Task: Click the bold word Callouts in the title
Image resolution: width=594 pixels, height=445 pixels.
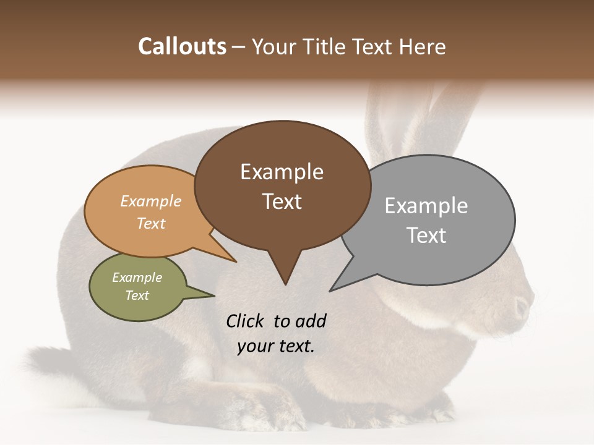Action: [x=182, y=46]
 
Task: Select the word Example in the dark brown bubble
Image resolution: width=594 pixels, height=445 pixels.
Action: [x=282, y=172]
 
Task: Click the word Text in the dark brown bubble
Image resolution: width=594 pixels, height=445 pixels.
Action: [x=282, y=201]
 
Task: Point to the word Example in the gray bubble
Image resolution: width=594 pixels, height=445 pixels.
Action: [x=426, y=206]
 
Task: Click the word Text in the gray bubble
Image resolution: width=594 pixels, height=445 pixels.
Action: [x=426, y=235]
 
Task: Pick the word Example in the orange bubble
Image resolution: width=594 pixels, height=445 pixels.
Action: [x=150, y=201]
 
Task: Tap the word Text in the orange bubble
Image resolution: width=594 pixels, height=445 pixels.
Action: [x=150, y=223]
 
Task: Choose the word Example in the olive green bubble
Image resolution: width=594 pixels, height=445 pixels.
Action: [x=137, y=278]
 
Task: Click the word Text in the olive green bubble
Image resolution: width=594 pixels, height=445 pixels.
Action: [x=137, y=295]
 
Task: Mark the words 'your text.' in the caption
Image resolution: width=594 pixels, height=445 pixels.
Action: [x=276, y=347]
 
